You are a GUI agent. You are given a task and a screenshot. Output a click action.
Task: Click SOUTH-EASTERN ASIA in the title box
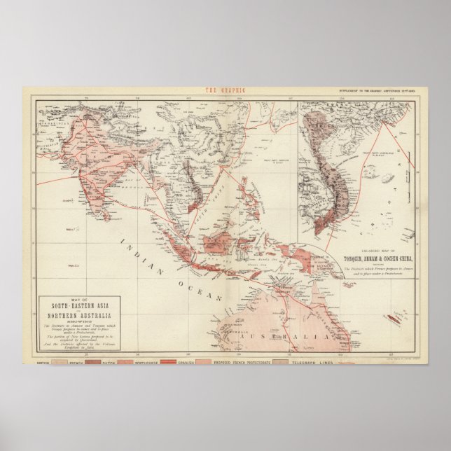pyautogui.click(x=77, y=306)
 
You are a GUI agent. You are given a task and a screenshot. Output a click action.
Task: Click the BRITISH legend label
pyautogui.click(x=42, y=363)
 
